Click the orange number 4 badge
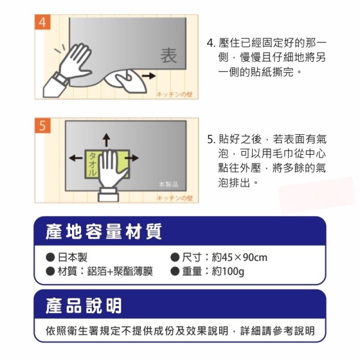click(x=43, y=22)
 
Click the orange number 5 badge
click(x=43, y=125)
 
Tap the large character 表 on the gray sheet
click(x=169, y=56)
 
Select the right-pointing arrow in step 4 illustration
click(x=149, y=76)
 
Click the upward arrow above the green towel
click(x=106, y=140)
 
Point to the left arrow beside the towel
click(x=76, y=158)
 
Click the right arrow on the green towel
click(x=132, y=158)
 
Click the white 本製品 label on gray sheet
click(x=168, y=184)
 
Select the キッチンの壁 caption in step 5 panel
click(x=175, y=198)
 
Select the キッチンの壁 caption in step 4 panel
click(x=175, y=94)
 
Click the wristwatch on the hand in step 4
click(x=60, y=79)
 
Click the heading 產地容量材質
click(x=104, y=232)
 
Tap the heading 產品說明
click(x=83, y=305)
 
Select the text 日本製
click(x=73, y=257)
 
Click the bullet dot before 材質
click(x=50, y=271)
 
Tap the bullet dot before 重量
click(x=175, y=271)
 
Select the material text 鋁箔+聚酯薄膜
click(x=120, y=271)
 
